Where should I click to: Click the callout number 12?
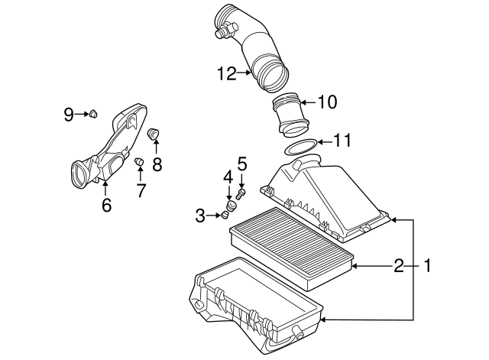226,74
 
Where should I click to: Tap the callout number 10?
327,102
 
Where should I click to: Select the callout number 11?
343,141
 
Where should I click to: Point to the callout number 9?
68,115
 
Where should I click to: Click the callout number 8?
157,164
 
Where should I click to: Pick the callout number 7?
141,190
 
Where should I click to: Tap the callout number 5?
242,163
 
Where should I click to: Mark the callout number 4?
228,177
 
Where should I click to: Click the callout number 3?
200,216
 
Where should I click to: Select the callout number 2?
398,266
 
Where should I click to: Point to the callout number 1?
428,266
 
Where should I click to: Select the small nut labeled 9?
92,115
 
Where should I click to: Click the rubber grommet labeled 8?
153,135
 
